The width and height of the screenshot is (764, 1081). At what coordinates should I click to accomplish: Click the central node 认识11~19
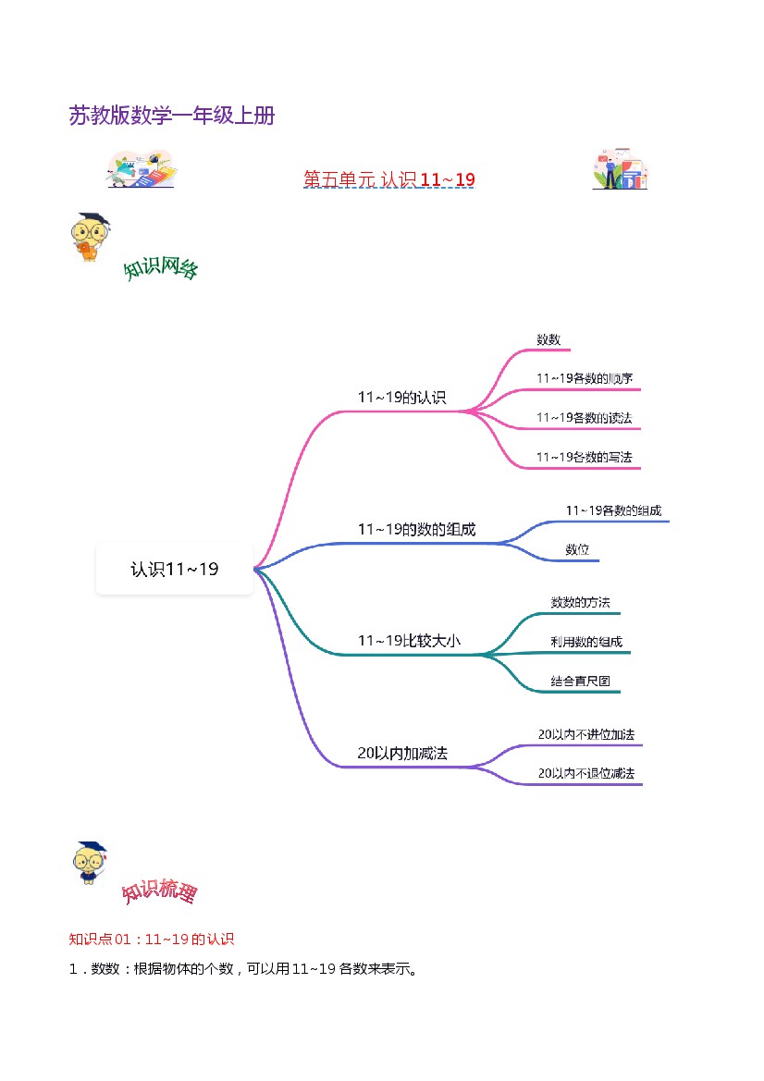coord(174,570)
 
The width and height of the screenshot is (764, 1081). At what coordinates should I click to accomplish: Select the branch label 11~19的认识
coord(401,398)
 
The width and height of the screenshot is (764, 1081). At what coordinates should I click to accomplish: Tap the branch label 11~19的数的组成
coord(416,530)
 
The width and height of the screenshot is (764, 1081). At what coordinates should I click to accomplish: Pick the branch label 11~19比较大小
coord(408,640)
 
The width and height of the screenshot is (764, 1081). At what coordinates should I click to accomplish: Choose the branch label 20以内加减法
coord(402,754)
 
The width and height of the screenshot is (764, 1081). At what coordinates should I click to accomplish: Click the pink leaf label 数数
coord(548,339)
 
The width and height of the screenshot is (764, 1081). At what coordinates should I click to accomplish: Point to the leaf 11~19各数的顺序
coord(585,378)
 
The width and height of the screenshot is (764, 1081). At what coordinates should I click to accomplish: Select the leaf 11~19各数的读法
coord(585,418)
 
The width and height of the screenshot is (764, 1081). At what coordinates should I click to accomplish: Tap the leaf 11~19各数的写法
coord(585,457)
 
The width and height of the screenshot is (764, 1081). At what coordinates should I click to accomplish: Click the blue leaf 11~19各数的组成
coord(613,510)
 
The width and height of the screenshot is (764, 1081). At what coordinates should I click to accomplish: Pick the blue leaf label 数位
coord(577,549)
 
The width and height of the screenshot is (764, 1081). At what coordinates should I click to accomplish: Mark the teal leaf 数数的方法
coord(580,602)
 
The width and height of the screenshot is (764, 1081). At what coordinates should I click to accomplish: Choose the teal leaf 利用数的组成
coord(586,642)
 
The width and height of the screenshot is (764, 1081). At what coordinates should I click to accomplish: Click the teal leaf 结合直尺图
coord(580,682)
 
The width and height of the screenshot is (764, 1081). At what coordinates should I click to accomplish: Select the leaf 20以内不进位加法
coord(586,734)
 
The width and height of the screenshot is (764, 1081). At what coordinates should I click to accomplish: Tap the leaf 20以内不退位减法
coord(586,773)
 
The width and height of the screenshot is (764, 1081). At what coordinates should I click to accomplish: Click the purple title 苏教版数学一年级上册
coord(172,116)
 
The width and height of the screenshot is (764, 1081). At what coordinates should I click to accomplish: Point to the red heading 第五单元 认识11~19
coord(388,178)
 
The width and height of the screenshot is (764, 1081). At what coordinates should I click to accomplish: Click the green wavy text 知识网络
coord(161,269)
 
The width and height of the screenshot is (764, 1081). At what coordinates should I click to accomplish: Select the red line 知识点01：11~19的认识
coord(152,940)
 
